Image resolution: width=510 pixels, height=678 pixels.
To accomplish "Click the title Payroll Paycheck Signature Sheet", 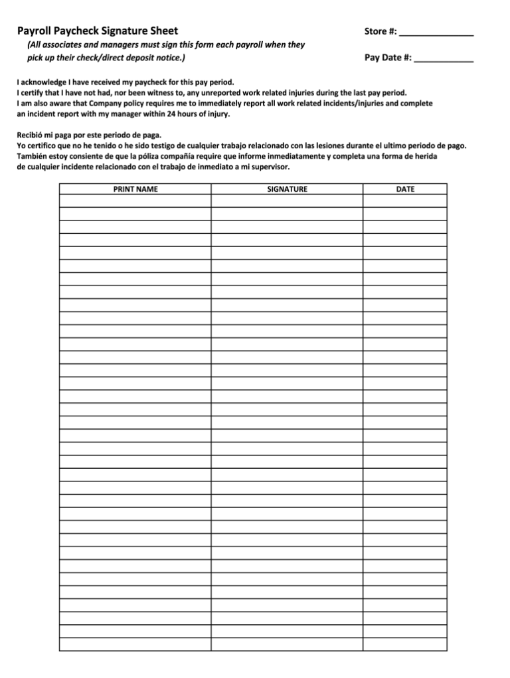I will pyautogui.click(x=98, y=31).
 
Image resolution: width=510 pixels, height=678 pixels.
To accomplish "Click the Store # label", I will pyautogui.click(x=381, y=31).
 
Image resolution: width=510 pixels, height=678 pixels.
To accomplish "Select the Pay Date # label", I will pyautogui.click(x=388, y=58).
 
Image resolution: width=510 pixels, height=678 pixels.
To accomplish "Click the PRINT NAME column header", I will pyautogui.click(x=135, y=189).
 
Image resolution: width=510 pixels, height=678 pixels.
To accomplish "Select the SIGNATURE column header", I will pyautogui.click(x=287, y=189).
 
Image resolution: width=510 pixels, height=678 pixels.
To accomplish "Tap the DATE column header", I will pyautogui.click(x=405, y=189).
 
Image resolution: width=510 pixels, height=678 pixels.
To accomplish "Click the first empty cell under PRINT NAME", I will pyautogui.click(x=135, y=201).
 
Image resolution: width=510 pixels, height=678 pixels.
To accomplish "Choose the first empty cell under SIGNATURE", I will pyautogui.click(x=287, y=201).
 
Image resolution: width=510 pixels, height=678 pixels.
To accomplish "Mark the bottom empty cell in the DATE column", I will pyautogui.click(x=405, y=644).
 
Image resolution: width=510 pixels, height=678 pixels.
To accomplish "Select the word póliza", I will pyautogui.click(x=139, y=156).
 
